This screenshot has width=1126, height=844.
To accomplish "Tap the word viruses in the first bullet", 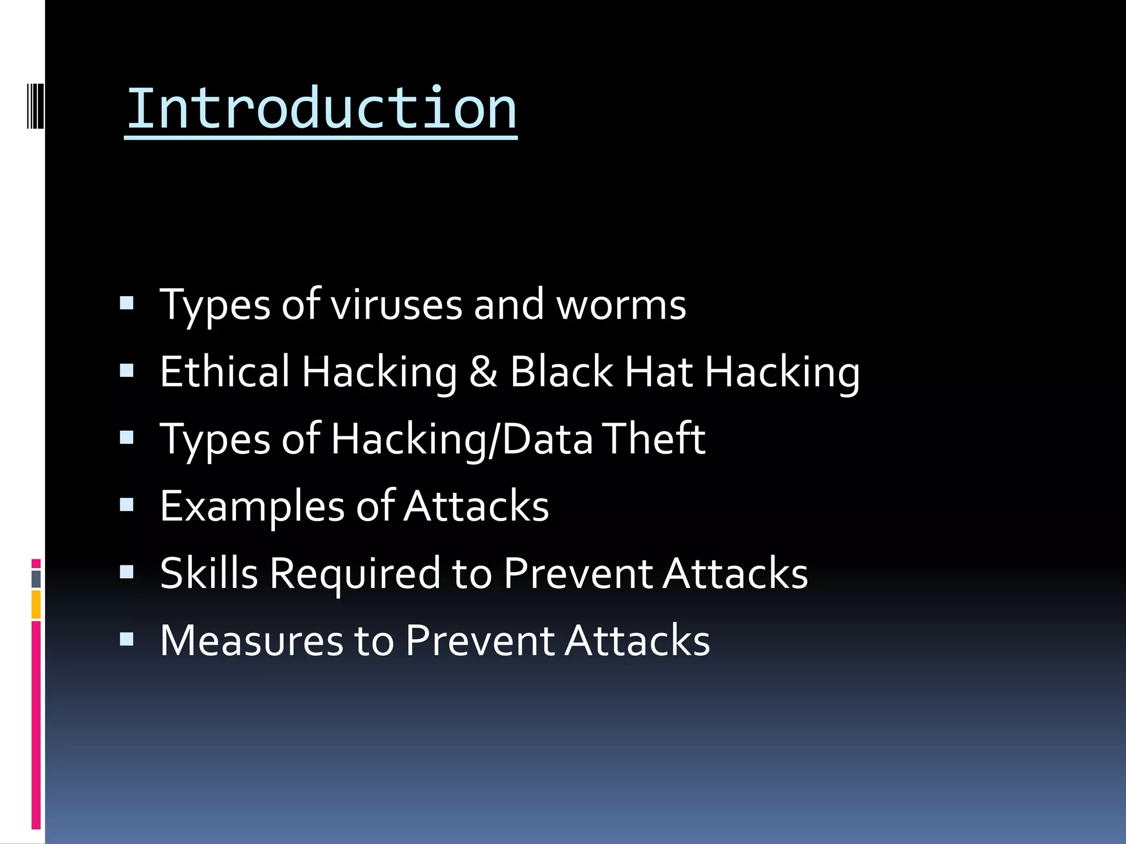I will tap(396, 305).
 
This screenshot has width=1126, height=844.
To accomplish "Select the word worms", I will tap(621, 305).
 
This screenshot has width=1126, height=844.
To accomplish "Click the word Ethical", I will tap(224, 372).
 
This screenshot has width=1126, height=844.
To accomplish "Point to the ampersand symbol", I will tap(483, 372).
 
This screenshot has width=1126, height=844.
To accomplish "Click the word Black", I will tap(561, 372).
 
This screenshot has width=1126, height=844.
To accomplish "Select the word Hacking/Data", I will tap(462, 440).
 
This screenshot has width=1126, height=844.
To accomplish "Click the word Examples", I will tap(252, 507).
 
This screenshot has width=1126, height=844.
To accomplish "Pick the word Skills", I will tap(209, 573).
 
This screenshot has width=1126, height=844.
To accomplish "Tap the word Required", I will tap(355, 574).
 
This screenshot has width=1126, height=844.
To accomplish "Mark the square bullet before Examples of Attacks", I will tap(126, 505).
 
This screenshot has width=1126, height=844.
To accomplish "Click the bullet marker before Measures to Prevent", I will tap(126, 639).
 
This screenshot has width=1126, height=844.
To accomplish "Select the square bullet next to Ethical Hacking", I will tap(126, 371).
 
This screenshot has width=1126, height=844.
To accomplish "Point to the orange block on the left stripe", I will tap(36, 604).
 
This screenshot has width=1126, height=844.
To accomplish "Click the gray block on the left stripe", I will tap(36, 579).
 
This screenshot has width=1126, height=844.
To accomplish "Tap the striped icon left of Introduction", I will tap(35, 105).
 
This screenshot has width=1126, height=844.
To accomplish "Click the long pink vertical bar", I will tap(36, 725).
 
